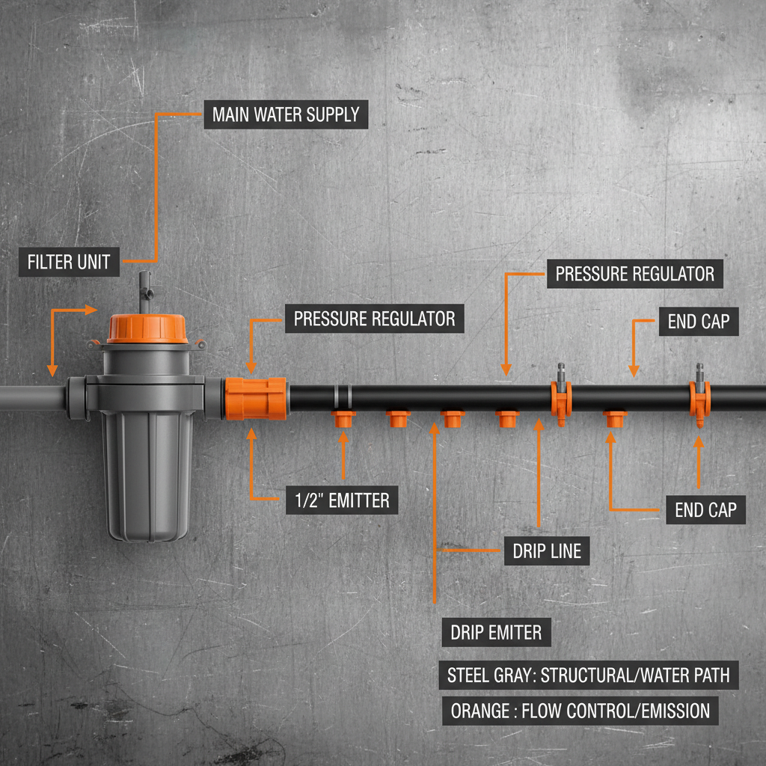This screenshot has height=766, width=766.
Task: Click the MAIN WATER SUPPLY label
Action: (x=286, y=115)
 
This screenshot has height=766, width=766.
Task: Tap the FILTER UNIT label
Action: (x=69, y=263)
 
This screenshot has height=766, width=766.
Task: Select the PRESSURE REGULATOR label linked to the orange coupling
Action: (x=374, y=319)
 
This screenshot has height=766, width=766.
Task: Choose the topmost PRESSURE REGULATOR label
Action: (x=634, y=274)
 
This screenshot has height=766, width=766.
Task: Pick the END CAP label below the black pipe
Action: (x=705, y=510)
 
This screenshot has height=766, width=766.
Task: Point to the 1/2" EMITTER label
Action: (x=342, y=500)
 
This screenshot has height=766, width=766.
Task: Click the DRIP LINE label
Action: (x=547, y=551)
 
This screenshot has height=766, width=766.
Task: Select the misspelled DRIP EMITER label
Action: (x=496, y=633)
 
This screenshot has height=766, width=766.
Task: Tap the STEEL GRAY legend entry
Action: (x=588, y=675)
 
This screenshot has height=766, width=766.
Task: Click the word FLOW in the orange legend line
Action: (x=536, y=710)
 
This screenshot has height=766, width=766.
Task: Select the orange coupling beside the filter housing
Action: (x=256, y=398)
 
